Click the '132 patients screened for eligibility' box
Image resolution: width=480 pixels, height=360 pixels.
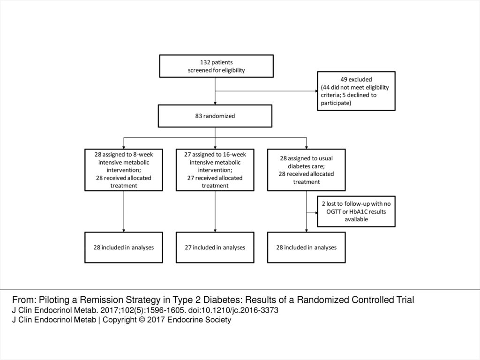click(216, 66)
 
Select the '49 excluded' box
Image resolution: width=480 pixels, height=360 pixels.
click(356, 91)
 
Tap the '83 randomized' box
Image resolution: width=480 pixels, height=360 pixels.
click(215, 116)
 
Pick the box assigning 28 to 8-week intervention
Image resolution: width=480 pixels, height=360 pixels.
click(124, 170)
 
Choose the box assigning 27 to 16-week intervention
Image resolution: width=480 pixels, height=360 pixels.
click(215, 170)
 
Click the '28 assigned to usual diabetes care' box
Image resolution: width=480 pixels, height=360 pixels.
click(307, 170)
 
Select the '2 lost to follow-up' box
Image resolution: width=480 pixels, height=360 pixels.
click(356, 211)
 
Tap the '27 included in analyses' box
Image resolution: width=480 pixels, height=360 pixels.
click(215, 247)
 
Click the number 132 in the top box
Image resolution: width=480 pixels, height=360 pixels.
click(205, 62)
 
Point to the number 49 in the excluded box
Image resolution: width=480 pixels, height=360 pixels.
click(344, 80)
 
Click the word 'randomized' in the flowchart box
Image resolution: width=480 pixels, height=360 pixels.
click(219, 116)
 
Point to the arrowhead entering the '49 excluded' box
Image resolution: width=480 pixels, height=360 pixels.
click(316, 91)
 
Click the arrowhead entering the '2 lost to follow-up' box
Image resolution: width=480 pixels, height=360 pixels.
click(316, 213)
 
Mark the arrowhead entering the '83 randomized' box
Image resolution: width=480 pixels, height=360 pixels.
click(215, 104)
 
